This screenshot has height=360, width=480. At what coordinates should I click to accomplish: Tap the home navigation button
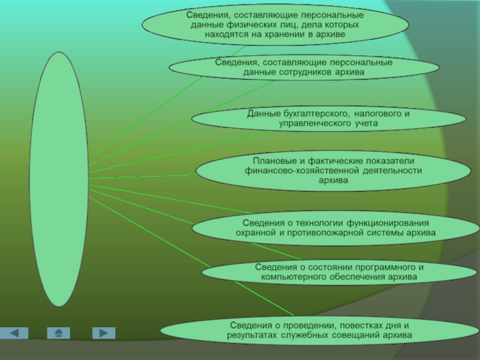58,333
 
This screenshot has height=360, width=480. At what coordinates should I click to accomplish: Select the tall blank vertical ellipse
59,178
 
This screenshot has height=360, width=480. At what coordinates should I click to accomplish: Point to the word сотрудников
305,72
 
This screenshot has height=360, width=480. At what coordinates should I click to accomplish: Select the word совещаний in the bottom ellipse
359,334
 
